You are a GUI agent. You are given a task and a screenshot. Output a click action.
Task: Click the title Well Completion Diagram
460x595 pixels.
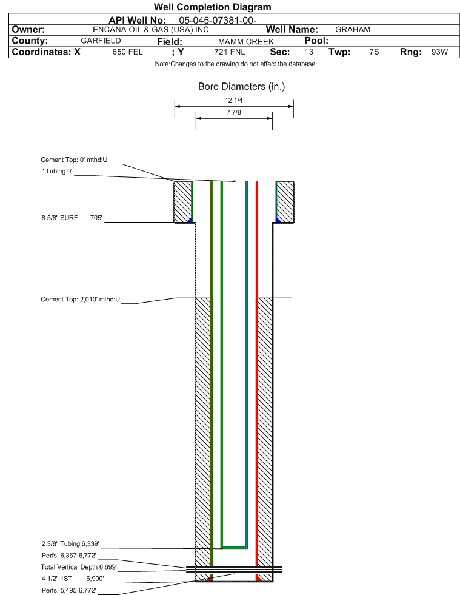point(212,7)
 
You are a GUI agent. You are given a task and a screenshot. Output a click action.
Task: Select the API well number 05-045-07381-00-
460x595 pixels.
point(218,21)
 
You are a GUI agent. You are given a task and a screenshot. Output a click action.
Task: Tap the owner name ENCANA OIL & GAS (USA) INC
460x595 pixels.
point(150,30)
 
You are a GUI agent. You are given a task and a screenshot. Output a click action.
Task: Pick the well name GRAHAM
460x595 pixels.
point(353,30)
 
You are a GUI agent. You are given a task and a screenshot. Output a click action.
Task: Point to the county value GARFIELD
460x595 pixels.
point(101,41)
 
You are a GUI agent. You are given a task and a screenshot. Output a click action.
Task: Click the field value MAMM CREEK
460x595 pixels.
point(245,41)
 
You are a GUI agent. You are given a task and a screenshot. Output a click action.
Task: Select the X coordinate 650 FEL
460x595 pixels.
point(127,52)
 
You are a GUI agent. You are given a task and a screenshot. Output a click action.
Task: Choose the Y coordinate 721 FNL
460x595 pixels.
point(230,52)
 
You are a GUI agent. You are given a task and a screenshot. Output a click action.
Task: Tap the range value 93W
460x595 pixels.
point(439,52)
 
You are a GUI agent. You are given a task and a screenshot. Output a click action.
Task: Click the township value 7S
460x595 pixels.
point(374,52)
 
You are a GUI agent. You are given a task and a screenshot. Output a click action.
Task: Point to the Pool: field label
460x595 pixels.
point(316,41)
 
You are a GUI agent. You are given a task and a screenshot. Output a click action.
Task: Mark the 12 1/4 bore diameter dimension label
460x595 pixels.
point(233,100)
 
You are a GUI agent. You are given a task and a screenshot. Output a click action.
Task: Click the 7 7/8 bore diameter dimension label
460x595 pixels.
point(233,112)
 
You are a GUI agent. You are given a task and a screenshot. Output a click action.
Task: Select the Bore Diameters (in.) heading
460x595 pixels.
point(242,87)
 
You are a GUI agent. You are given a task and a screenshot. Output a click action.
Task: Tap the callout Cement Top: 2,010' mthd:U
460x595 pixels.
point(81,300)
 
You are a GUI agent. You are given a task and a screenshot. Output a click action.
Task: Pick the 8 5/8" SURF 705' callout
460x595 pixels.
point(72,218)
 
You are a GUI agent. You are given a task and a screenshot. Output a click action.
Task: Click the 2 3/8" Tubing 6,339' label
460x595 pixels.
point(70,544)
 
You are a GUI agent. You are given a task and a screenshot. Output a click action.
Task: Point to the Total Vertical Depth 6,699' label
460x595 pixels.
point(79,567)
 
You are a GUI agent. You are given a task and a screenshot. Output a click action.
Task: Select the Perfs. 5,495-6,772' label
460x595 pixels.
point(68,590)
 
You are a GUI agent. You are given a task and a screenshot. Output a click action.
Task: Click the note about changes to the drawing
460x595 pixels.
point(235,64)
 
